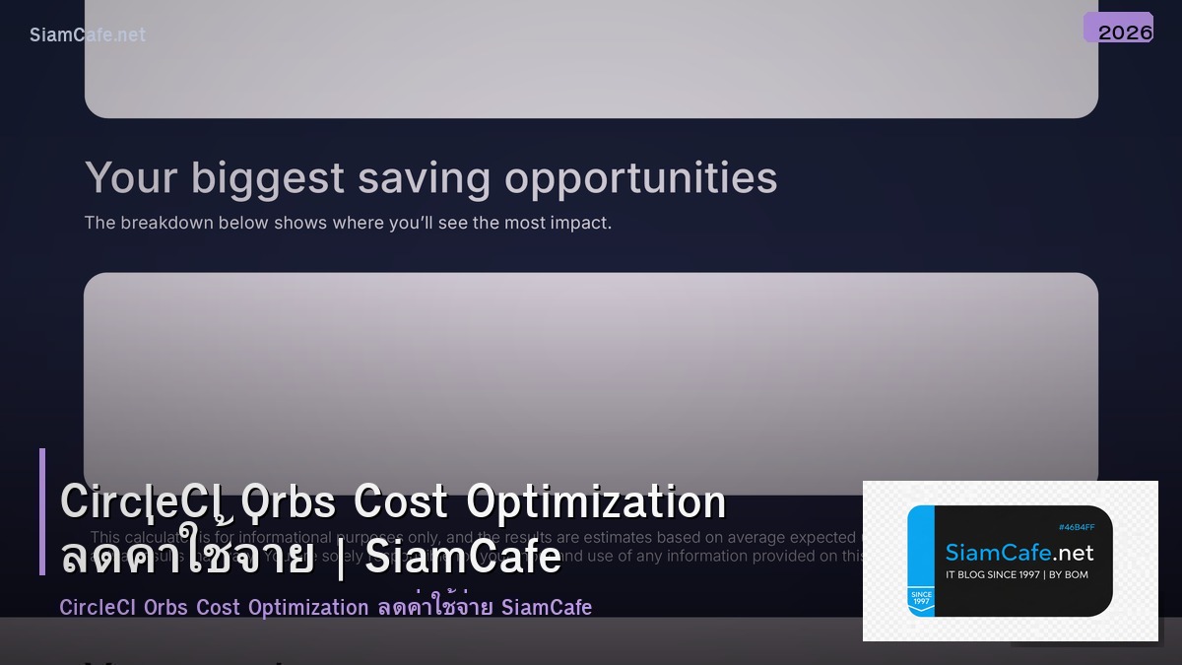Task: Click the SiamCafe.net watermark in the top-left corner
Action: pyautogui.click(x=88, y=34)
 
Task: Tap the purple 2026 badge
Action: pyautogui.click(x=1119, y=29)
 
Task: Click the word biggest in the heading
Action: pyautogui.click(x=268, y=178)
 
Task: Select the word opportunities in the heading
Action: pyautogui.click(x=641, y=178)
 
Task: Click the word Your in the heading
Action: pyautogui.click(x=131, y=178)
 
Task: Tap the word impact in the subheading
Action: pyautogui.click(x=580, y=223)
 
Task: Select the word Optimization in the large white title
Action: pyautogui.click(x=596, y=501)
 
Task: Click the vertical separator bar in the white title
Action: pyautogui.click(x=339, y=558)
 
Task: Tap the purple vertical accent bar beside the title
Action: pyautogui.click(x=42, y=511)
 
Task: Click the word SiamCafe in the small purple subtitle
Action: pyautogui.click(x=547, y=607)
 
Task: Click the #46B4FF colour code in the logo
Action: pyautogui.click(x=1076, y=528)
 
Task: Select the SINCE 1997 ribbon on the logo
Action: pyautogui.click(x=921, y=599)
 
